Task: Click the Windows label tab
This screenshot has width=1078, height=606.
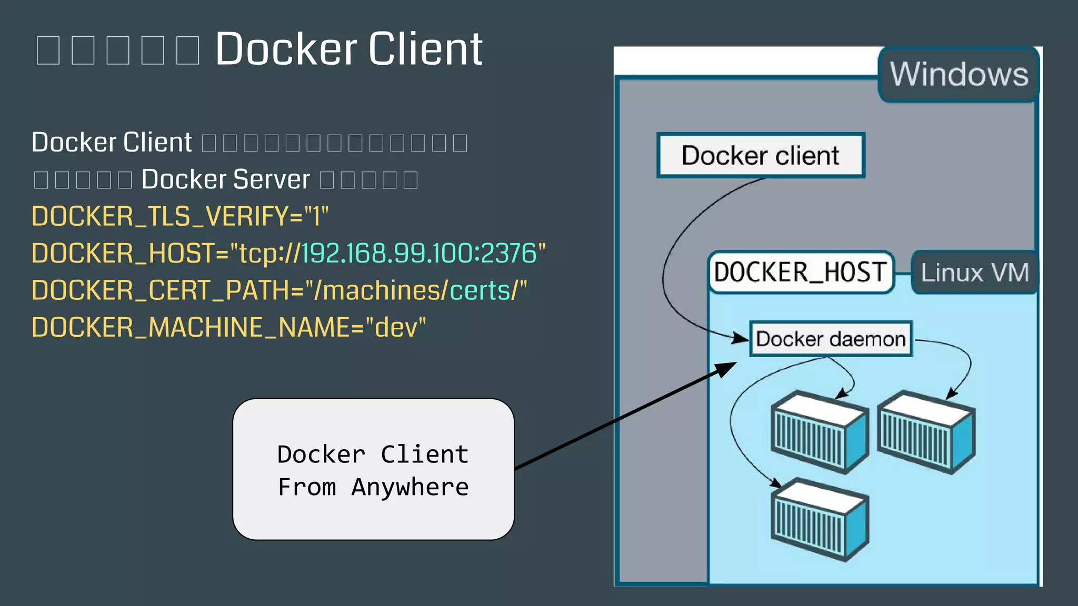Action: pos(959,74)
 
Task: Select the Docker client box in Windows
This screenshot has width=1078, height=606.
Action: pos(760,156)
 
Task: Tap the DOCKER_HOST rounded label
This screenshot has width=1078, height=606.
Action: pos(800,272)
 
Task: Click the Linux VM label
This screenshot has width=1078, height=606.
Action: pos(974,272)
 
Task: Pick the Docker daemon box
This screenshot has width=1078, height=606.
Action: pos(830,339)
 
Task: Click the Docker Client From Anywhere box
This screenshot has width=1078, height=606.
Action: pos(373,469)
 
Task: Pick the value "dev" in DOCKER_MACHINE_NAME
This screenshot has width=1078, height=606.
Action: pos(395,327)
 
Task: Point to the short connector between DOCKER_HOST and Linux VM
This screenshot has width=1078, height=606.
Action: pos(903,273)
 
